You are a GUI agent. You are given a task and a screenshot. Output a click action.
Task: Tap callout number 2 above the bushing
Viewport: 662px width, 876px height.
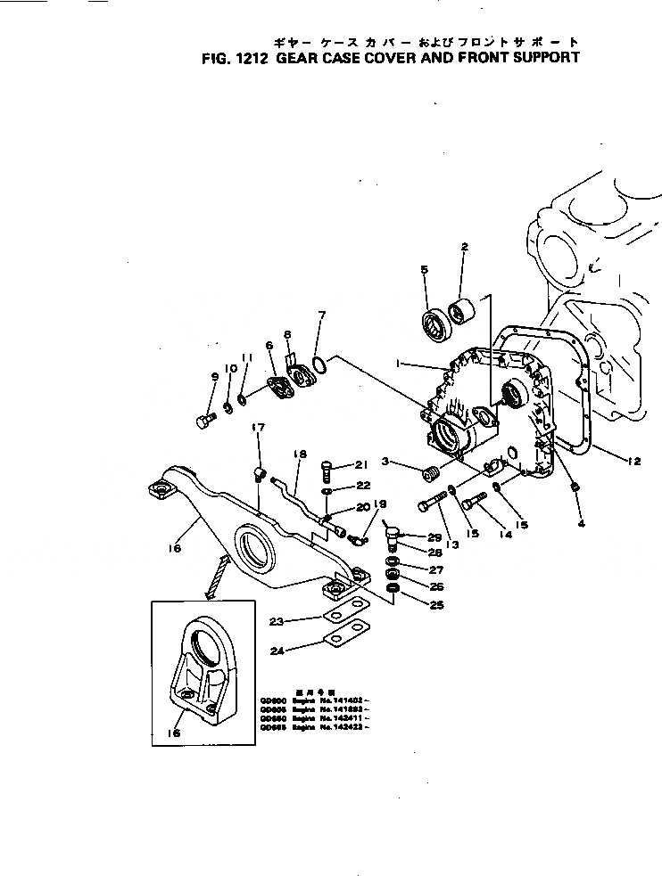[464, 246]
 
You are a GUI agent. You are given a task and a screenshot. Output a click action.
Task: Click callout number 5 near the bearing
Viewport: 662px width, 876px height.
[425, 268]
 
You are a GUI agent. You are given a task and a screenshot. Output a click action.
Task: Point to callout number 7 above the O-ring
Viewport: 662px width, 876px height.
[322, 315]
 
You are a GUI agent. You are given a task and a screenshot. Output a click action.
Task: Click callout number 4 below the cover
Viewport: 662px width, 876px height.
[582, 523]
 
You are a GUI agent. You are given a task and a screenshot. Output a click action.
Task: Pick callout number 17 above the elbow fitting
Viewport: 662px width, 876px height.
[257, 429]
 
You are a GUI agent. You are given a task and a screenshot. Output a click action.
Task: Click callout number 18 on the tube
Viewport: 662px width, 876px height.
[299, 454]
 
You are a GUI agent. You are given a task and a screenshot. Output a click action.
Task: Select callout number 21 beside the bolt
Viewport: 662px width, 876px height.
[360, 464]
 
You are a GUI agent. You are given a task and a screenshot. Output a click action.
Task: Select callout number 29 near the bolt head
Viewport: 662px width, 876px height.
[434, 537]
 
